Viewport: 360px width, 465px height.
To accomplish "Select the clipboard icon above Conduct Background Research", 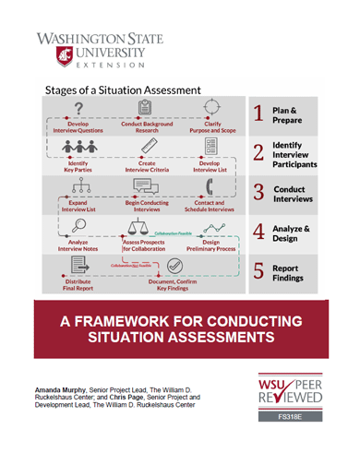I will [146, 109].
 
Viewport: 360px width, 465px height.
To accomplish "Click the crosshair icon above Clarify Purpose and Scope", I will [212, 109].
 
